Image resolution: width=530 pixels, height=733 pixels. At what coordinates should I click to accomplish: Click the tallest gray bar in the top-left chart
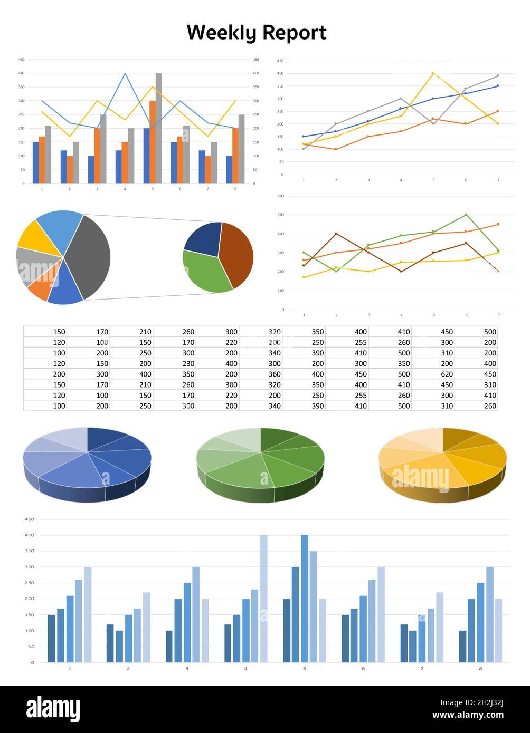pos(159,128)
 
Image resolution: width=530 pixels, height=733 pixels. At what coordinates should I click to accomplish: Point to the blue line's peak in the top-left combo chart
pos(125,74)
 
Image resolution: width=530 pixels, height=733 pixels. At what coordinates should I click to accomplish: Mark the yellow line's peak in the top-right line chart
pos(433,73)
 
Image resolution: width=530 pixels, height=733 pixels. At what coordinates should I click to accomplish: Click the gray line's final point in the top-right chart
pos(497,76)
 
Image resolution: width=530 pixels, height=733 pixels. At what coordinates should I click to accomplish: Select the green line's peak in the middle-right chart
pos(466,215)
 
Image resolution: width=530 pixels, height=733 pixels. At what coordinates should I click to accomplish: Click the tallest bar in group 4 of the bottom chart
pos(263,599)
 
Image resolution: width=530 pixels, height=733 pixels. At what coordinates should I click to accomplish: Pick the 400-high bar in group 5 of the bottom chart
pos(305,599)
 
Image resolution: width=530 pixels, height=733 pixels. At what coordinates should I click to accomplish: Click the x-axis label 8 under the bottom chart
pos(480,669)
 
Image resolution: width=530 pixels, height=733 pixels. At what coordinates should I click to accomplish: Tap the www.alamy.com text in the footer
pos(468,716)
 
